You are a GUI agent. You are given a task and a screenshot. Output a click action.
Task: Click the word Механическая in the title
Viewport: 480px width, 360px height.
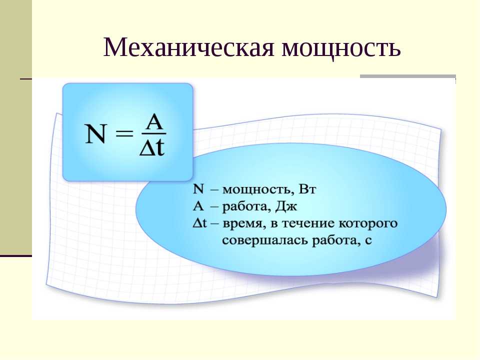point(189,47)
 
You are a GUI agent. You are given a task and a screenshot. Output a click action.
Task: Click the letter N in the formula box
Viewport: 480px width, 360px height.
point(95,134)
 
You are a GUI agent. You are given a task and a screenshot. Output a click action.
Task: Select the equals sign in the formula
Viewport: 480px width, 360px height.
point(124,134)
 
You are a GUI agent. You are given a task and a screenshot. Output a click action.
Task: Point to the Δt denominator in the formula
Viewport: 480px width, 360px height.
point(152,148)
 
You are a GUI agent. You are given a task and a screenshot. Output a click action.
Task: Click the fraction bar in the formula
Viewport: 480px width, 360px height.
point(153,134)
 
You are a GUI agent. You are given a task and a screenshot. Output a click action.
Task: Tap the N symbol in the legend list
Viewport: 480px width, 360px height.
point(198,189)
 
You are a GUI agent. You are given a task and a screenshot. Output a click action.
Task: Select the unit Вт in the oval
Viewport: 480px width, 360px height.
point(306,189)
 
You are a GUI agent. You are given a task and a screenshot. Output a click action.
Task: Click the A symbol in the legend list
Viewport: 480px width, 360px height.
point(198,206)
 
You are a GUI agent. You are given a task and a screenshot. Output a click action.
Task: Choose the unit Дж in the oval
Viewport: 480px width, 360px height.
point(286,206)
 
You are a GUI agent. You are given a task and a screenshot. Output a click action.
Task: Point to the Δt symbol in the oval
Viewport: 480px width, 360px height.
point(200,223)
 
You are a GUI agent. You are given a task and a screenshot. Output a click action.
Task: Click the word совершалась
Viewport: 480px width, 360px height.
point(265,241)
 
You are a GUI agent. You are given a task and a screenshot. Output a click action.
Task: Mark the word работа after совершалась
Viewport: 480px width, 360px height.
point(335,240)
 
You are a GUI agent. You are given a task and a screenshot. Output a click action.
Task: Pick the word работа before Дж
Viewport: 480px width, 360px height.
point(246,206)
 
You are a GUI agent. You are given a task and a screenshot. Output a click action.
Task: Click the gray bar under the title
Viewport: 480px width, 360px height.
point(408,76)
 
